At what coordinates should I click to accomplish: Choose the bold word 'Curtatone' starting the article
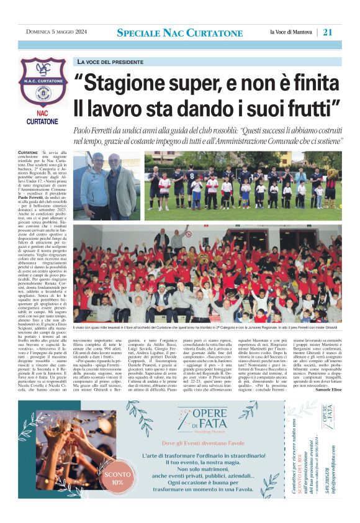(x=27, y=152)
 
